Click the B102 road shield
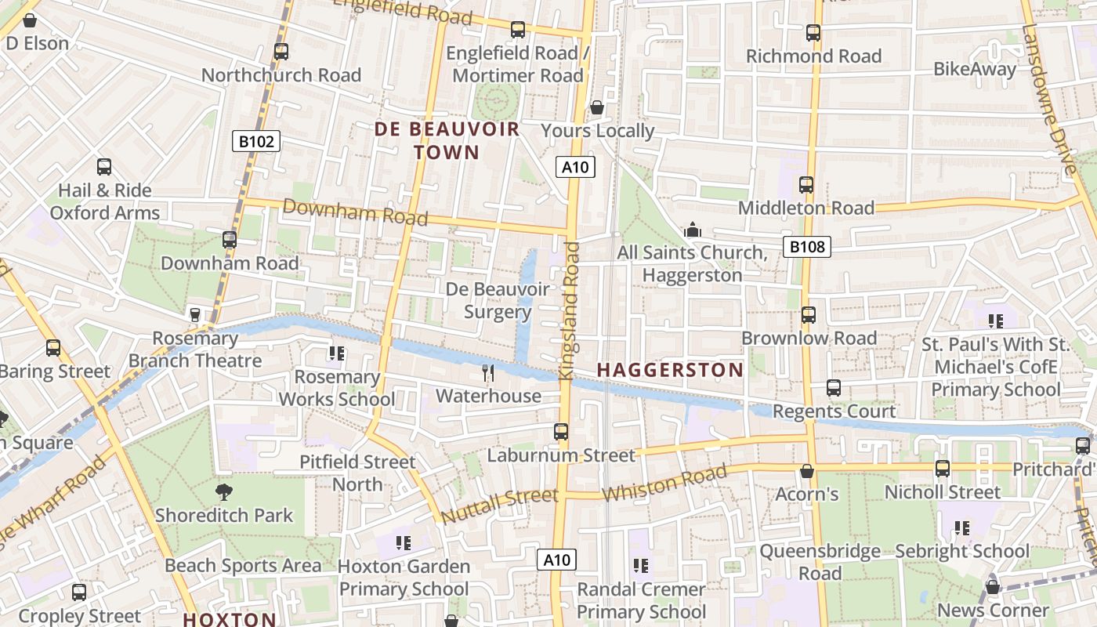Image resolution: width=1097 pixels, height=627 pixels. point(256,142)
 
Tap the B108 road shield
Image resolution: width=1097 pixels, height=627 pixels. point(806,247)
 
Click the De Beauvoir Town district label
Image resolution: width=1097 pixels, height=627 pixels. point(447,141)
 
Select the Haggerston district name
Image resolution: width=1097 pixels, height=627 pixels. point(670,370)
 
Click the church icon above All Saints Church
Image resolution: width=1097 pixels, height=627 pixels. point(692,230)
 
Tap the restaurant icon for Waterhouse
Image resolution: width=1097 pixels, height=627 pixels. point(488,373)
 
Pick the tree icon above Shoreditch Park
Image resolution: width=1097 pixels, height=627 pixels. point(223,492)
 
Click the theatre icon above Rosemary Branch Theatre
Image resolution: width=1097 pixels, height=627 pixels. point(195,315)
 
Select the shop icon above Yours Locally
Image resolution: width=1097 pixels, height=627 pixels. point(597,107)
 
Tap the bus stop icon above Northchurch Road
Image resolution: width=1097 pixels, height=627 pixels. point(281,52)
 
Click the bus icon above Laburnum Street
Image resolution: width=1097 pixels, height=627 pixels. point(561,432)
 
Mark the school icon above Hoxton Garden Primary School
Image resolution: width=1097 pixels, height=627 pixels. point(404,542)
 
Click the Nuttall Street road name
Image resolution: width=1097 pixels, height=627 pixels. point(499,506)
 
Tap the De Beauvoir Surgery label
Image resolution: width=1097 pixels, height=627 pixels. point(498,301)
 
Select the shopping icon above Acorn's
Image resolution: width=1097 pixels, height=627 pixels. point(807,471)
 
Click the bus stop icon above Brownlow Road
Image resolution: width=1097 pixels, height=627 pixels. point(809,315)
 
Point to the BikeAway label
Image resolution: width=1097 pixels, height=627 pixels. point(974,69)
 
